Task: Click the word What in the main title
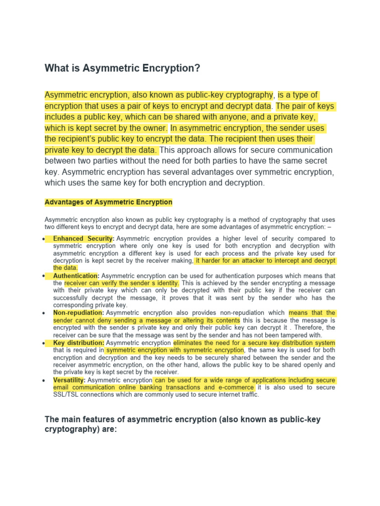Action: pos(56,69)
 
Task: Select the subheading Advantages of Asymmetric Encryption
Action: pos(108,202)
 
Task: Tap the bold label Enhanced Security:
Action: pos(84,239)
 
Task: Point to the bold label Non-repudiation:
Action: pos(78,313)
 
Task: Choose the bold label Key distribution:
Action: pos(78,342)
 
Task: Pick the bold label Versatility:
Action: pos(69,380)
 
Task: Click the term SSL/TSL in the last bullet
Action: pos(68,395)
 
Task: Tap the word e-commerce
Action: pos(236,387)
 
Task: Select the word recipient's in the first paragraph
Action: pos(81,139)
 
